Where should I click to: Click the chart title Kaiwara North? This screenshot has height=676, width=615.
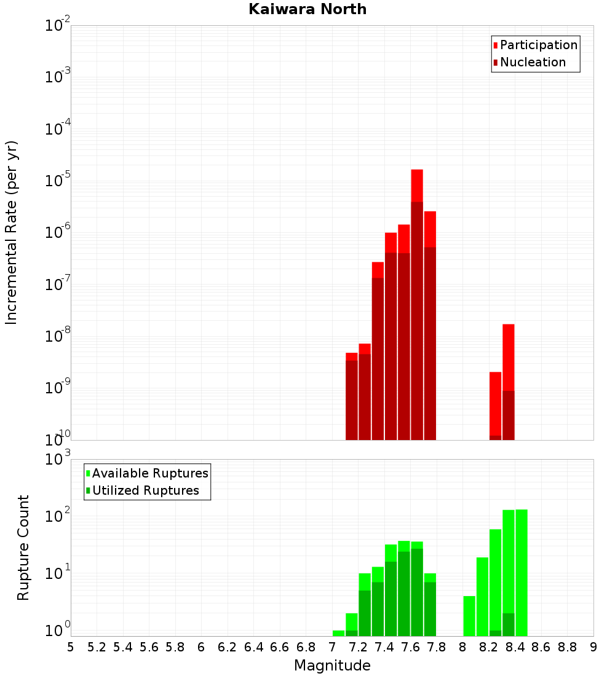pos(307,9)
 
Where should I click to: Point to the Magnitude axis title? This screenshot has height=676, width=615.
pos(332,666)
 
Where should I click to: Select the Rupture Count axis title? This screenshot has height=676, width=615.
pos(23,548)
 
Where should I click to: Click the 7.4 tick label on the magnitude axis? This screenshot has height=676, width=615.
pos(384,647)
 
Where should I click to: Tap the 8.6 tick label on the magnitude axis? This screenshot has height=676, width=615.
pos(541,647)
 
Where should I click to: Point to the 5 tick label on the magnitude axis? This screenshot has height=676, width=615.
pos(71,647)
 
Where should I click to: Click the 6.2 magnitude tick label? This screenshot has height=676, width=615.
pos(228,647)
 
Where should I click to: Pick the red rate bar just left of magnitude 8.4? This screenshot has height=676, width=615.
pos(509,381)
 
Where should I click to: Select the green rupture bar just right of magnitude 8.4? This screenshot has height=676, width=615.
pos(522,572)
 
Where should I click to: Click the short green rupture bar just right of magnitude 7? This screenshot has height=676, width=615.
pos(338,633)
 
